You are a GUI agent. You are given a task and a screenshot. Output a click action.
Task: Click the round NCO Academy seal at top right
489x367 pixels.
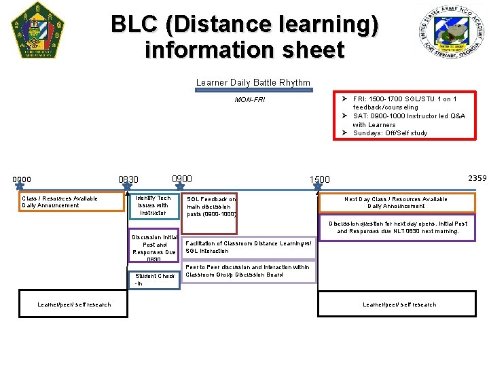(452, 31)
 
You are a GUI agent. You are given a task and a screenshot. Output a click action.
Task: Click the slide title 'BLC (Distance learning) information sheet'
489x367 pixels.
(244, 37)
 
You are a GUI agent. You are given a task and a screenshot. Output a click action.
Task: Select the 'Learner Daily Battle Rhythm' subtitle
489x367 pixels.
(253, 83)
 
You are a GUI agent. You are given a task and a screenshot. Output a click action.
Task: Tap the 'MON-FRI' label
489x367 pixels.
(249, 100)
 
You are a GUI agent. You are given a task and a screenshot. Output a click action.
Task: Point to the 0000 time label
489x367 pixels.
(22, 179)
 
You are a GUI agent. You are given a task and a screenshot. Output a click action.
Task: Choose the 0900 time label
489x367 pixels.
(182, 179)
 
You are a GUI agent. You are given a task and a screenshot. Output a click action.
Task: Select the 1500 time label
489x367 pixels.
(319, 180)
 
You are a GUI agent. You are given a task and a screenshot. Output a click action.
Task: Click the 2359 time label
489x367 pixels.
(477, 178)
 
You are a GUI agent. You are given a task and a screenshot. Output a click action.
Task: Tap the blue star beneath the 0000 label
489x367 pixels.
(19, 183)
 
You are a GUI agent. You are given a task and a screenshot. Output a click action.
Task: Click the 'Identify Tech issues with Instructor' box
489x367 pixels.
(153, 205)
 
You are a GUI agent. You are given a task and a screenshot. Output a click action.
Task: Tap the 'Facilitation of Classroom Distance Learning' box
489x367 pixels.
(249, 247)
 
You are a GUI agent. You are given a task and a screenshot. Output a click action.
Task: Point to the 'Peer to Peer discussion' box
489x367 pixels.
(249, 271)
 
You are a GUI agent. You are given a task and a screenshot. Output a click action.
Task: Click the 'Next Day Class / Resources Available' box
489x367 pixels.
(396, 203)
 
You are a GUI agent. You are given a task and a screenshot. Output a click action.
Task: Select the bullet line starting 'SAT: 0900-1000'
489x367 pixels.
(408, 120)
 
